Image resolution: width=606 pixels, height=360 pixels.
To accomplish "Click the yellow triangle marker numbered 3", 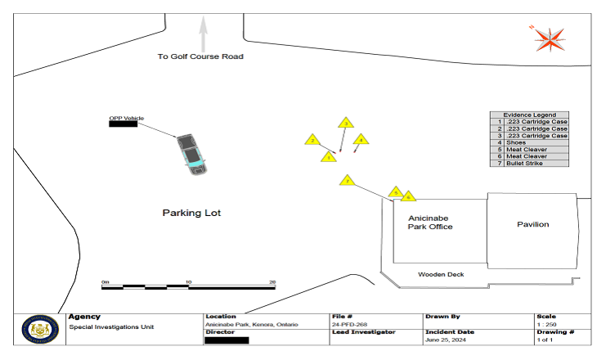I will pyautogui.click(x=345, y=124).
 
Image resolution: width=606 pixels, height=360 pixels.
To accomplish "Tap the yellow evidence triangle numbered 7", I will pyautogui.click(x=347, y=180).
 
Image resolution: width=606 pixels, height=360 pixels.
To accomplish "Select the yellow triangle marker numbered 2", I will pyautogui.click(x=312, y=141).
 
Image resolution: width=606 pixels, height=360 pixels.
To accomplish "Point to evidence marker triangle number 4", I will pyautogui.click(x=361, y=141).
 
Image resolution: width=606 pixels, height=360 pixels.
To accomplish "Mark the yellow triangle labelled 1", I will pyautogui.click(x=328, y=156).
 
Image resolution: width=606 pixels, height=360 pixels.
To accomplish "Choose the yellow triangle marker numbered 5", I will pyautogui.click(x=396, y=193).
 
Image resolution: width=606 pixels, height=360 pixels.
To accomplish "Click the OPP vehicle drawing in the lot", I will pyautogui.click(x=192, y=154).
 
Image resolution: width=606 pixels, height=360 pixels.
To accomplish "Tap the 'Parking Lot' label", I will pyautogui.click(x=191, y=213).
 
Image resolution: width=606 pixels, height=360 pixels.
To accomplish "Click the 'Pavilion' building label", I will pyautogui.click(x=532, y=224).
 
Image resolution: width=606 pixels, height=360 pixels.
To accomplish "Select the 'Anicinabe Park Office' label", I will pyautogui.click(x=430, y=223).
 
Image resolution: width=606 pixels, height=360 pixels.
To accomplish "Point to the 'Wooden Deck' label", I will pyautogui.click(x=441, y=274).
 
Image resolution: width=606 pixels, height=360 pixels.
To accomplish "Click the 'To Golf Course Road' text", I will pyautogui.click(x=201, y=56).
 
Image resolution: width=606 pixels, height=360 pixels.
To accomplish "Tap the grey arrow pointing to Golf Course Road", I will pyautogui.click(x=203, y=33).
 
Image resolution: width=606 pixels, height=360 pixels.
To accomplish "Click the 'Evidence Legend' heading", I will pyautogui.click(x=528, y=115).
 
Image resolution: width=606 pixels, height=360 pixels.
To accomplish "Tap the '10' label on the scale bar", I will pyautogui.click(x=189, y=281).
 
